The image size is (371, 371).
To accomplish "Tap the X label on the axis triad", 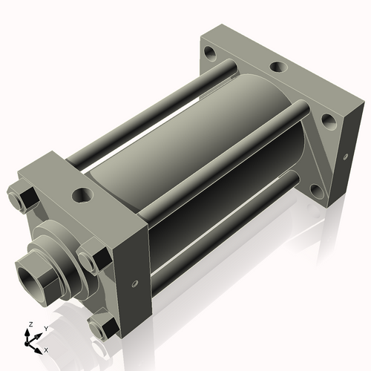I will click(x=46, y=349).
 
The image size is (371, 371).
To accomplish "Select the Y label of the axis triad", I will click(x=45, y=328).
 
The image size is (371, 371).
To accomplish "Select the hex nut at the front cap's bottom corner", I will click(x=102, y=326).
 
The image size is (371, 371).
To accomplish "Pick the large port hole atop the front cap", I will click(x=81, y=196).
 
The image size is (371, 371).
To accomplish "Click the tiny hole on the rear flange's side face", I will click(x=345, y=157).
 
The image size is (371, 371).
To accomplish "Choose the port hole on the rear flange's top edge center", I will click(x=277, y=67).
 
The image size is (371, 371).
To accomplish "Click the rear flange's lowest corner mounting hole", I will click(x=317, y=191).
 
